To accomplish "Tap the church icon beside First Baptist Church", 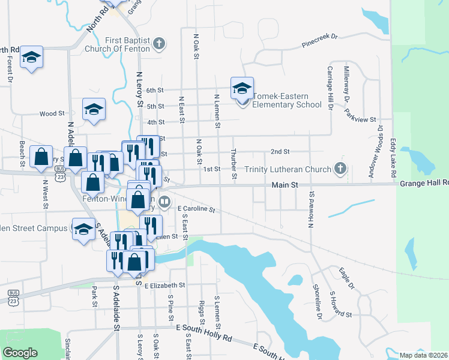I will (158, 43).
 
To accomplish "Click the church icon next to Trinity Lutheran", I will (340, 169).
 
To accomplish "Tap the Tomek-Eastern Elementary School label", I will (288, 100).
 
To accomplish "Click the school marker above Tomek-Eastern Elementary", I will (242, 88).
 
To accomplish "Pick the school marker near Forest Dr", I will (31, 58).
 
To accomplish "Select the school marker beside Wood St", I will (94, 110).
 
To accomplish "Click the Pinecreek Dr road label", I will (320, 40).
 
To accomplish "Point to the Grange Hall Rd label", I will (423, 182).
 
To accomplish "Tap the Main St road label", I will (285, 186).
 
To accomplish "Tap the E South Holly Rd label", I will (204, 329).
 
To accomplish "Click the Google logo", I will (20, 352).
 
